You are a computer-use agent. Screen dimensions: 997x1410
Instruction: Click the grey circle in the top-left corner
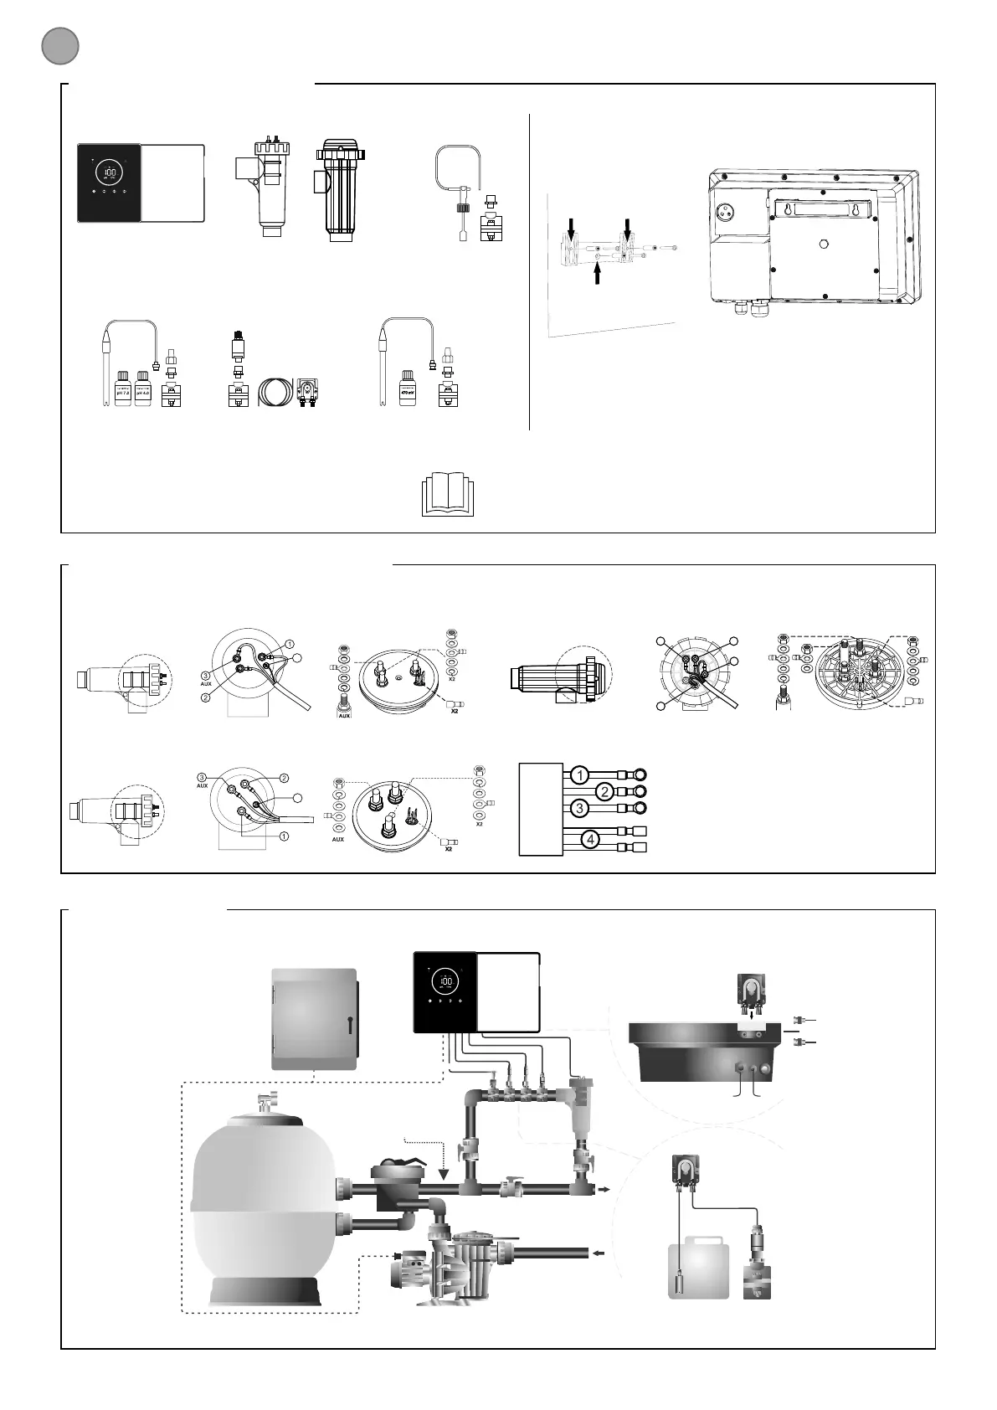(60, 46)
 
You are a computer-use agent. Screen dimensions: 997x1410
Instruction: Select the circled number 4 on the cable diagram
(590, 839)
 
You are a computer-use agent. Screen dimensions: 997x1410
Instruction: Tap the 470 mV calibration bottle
(408, 389)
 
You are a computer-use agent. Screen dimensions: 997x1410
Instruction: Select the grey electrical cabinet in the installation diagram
(315, 1019)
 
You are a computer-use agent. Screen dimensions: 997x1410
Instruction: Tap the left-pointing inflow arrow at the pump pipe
(598, 1253)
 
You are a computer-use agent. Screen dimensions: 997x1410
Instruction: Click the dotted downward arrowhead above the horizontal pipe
(444, 1173)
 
